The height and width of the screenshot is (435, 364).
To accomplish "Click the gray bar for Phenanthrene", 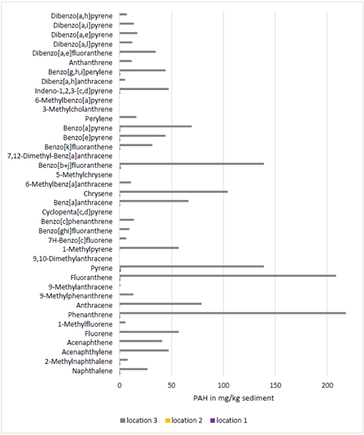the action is pos(233,313).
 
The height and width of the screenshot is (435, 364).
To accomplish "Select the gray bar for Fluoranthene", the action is pos(228,276).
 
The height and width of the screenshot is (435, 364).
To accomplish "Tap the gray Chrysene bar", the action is pos(173,192).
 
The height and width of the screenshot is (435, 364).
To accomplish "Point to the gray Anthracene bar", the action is pos(160,304).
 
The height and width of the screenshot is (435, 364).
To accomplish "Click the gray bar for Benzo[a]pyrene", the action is pos(156,126).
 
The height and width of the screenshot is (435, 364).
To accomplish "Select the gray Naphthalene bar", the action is pos(133,369).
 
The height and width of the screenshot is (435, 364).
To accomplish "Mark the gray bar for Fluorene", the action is pos(149,332).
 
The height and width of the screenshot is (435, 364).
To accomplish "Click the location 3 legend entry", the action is pos(139,421).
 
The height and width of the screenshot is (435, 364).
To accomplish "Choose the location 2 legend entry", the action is pos(184,421).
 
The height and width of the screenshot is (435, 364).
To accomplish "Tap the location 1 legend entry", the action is pos(229,421).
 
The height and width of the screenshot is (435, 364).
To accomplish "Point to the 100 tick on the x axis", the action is pos(223,385).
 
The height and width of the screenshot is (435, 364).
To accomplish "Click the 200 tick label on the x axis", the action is pos(327,385).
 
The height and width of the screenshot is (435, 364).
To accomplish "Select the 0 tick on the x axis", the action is pos(120,385).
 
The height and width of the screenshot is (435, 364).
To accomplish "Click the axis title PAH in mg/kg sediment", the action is pos(234,398).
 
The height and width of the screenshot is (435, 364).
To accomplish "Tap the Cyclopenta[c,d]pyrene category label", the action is pos(78,212).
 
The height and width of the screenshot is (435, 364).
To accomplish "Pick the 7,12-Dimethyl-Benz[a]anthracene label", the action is pos(60,156).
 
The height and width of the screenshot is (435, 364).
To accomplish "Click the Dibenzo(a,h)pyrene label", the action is pos(81,16).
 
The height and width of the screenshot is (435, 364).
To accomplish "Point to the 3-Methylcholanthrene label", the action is pos(78,110).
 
